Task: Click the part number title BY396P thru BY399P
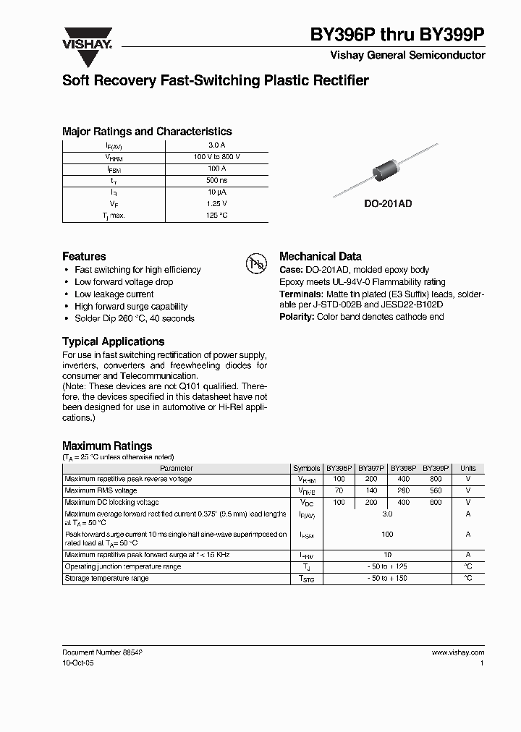point(397,34)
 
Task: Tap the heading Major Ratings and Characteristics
point(147,132)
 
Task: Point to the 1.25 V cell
point(216,204)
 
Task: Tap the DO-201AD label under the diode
point(387,205)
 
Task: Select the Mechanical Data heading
point(320,256)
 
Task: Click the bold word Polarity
point(296,317)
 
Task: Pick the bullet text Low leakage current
point(114,294)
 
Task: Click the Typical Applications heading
point(113,341)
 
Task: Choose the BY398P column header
point(404,468)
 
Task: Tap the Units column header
point(468,468)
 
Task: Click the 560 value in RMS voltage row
point(436,490)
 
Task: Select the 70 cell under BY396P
point(339,490)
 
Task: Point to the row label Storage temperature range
point(106,578)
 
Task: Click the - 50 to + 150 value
point(387,578)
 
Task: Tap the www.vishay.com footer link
point(458,652)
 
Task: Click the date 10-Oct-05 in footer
point(78,663)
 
